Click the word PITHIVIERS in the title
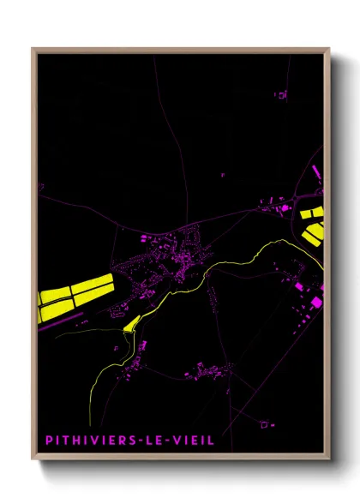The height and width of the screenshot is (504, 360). pos(88,440)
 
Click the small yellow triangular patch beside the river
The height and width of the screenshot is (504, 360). pos(132,324)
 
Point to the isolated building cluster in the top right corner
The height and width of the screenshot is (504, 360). pos(279,94)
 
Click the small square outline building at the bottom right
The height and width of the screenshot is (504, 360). pos(266,423)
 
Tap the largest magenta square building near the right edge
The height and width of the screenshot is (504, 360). pos(317,302)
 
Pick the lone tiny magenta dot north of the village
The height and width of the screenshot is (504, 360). pos(223,174)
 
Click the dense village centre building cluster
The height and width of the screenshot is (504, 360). pos(176,257)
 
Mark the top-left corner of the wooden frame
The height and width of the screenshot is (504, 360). pos(33,49)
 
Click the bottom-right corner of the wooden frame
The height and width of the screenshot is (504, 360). pos(329,459)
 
